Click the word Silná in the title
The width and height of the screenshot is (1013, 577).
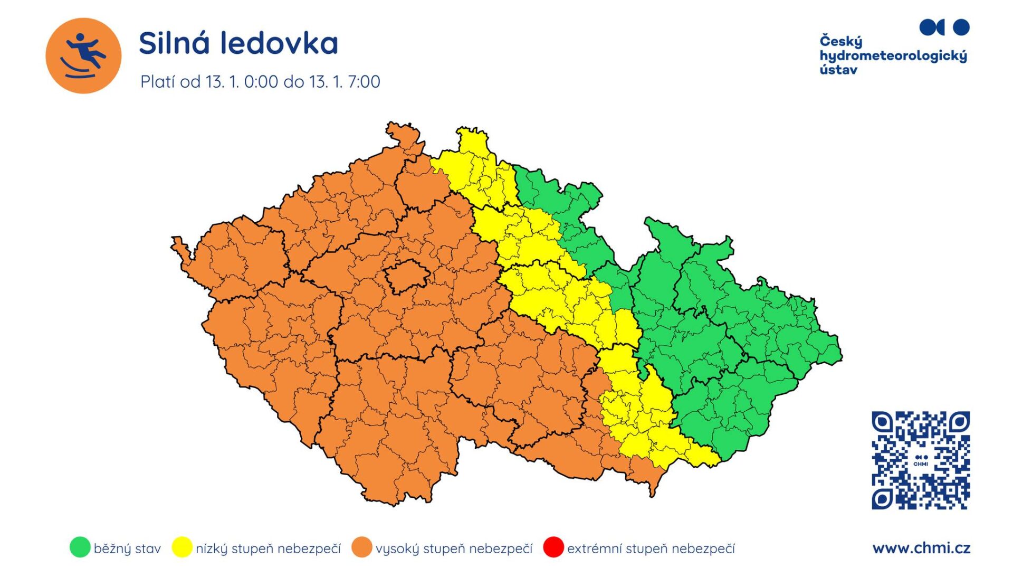(x=174, y=43)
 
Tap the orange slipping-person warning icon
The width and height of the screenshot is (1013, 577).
(x=83, y=55)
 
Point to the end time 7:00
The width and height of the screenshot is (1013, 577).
(x=364, y=82)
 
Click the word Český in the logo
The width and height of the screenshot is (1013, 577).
(x=840, y=41)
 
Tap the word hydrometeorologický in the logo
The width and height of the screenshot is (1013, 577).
(x=893, y=56)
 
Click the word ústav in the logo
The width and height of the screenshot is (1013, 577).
(x=838, y=70)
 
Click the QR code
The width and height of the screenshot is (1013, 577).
(x=920, y=460)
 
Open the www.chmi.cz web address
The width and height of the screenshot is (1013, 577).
(x=921, y=548)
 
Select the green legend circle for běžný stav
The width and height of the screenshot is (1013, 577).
(x=80, y=547)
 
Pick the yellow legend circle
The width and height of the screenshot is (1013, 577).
(x=181, y=547)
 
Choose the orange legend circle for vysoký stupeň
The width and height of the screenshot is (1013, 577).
(x=362, y=547)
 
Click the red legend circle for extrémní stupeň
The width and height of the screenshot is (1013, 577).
(x=553, y=547)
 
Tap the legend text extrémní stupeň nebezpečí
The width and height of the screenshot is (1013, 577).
(x=651, y=548)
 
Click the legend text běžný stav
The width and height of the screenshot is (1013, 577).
(x=127, y=548)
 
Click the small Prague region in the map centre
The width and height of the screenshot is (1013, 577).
(x=406, y=276)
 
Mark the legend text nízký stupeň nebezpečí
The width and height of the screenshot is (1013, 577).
(x=268, y=548)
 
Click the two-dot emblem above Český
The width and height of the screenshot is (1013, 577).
(x=944, y=27)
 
